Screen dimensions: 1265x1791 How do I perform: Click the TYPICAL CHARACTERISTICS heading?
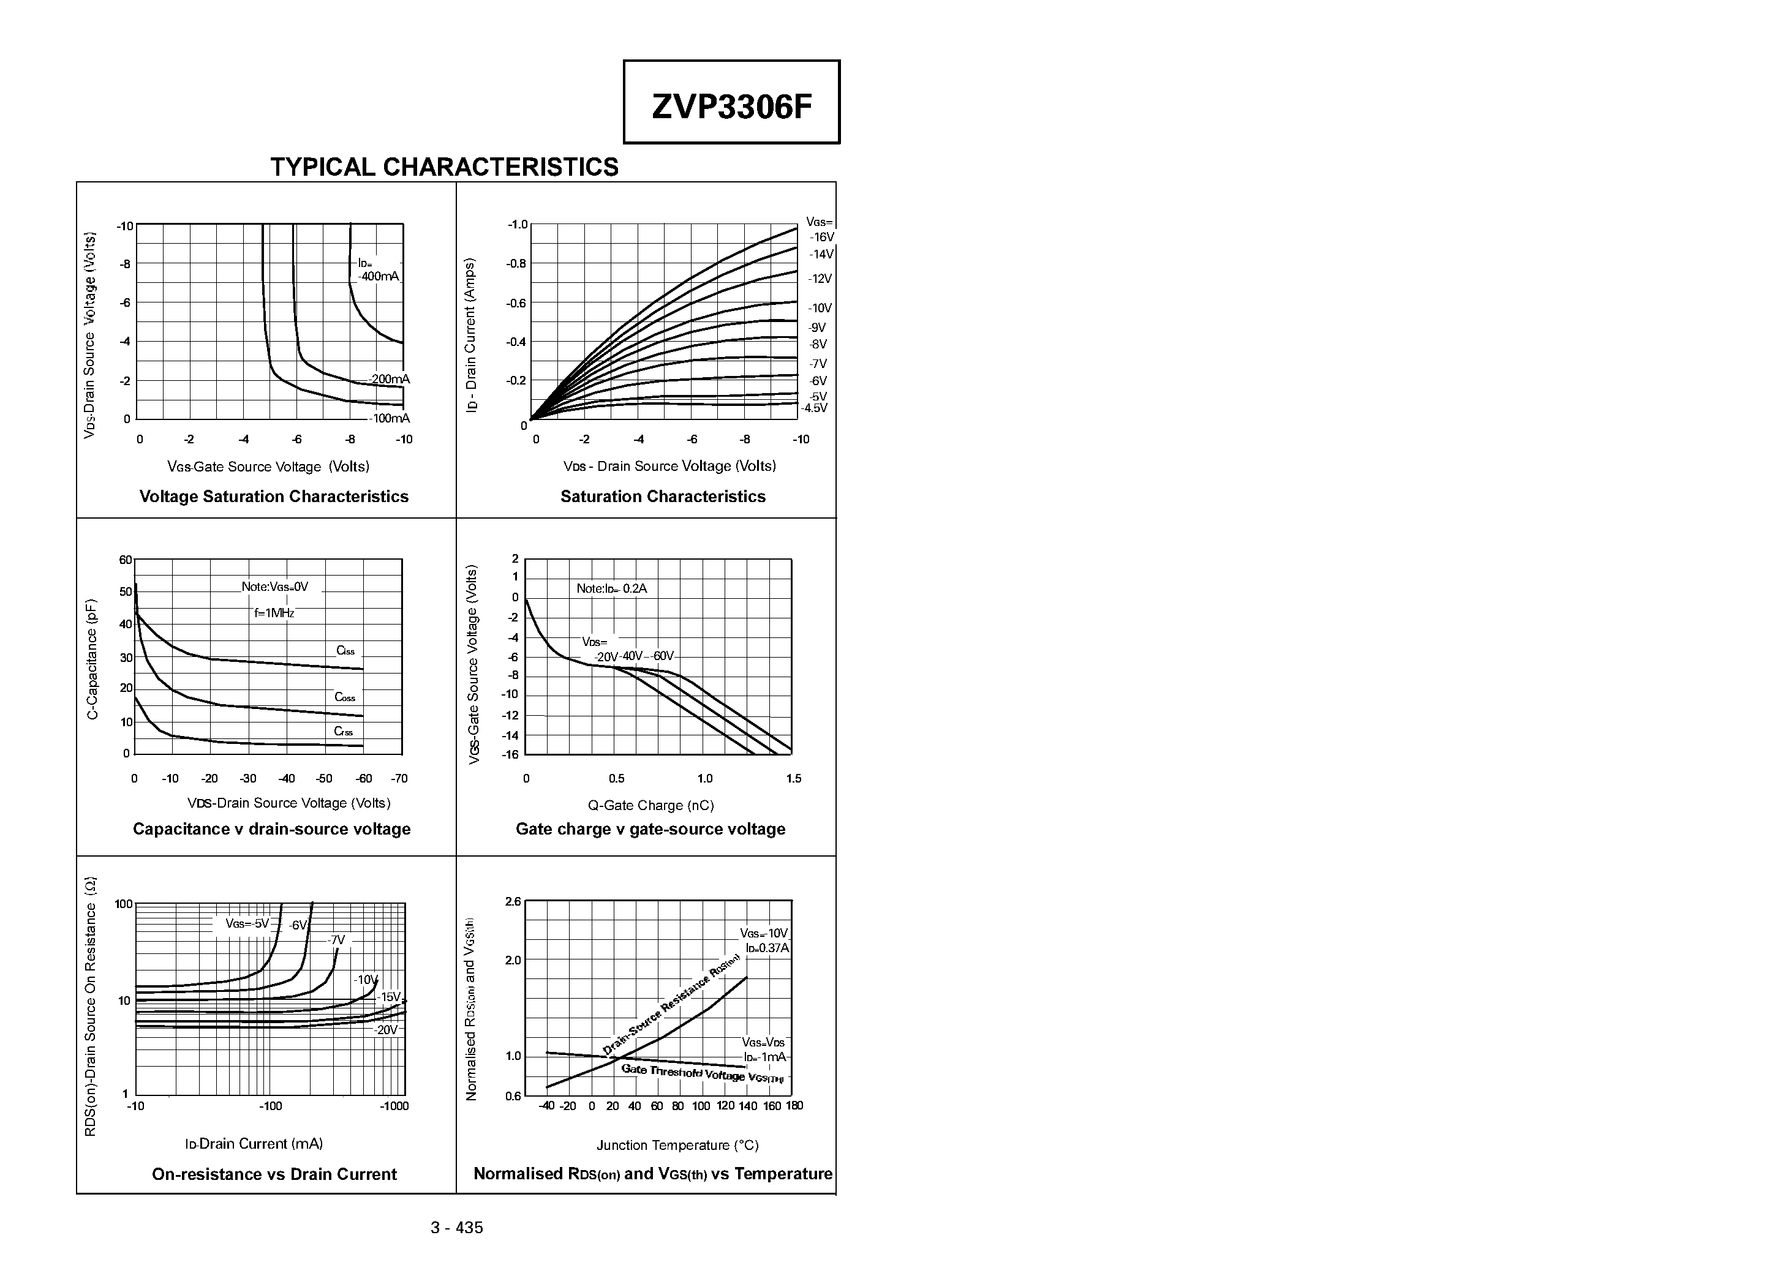(x=444, y=167)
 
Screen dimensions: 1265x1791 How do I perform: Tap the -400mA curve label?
(x=379, y=276)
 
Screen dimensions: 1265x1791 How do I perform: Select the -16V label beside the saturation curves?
(x=821, y=237)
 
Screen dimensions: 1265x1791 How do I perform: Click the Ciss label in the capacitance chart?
(x=345, y=650)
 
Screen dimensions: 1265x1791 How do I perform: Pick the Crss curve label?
(x=343, y=732)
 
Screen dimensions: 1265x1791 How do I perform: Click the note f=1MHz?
(x=274, y=613)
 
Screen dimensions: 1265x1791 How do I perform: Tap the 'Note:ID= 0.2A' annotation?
(x=611, y=589)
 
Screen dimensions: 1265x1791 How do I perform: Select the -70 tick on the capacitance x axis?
(x=399, y=778)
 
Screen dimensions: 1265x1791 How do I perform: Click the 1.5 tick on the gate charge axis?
(x=793, y=778)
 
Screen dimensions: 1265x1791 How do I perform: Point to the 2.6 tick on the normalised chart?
(x=513, y=901)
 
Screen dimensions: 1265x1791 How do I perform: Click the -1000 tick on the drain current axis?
(x=394, y=1106)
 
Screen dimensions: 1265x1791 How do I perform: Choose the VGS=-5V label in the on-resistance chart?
(x=246, y=923)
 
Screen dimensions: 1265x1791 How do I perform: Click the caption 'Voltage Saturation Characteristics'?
(x=274, y=497)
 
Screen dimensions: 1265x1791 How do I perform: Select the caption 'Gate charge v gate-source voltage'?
(x=650, y=829)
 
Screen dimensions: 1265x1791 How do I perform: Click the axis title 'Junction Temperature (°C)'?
(x=677, y=1145)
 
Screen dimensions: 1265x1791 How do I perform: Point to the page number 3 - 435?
(x=456, y=1228)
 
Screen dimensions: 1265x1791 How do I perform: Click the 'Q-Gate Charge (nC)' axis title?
(x=650, y=805)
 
